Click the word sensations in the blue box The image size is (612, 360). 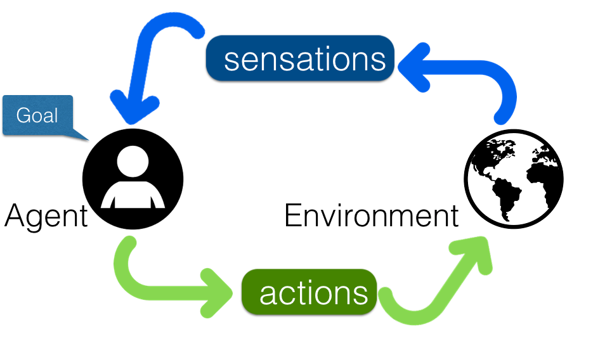pyautogui.click(x=304, y=60)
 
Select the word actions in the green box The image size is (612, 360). pyautogui.click(x=313, y=293)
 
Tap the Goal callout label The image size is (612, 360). pyautogui.click(x=37, y=115)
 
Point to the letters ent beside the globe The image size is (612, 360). pyautogui.click(x=437, y=217)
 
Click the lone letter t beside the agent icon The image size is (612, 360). pyautogui.click(x=84, y=217)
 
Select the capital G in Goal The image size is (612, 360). pyautogui.click(x=23, y=115)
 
